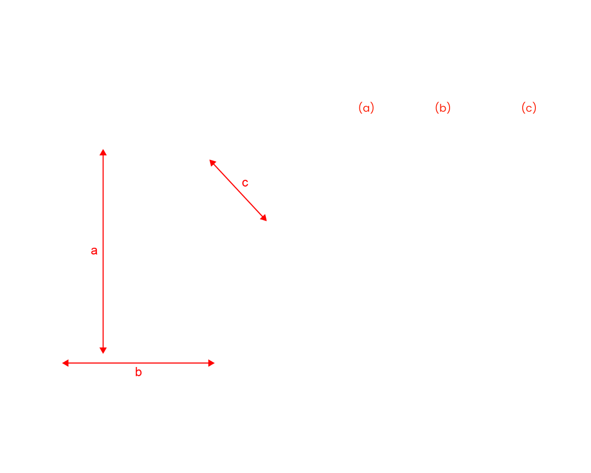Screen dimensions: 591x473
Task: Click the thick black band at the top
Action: (x=295, y=24)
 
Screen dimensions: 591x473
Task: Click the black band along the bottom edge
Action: (x=295, y=460)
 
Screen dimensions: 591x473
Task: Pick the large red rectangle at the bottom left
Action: (x=140, y=403)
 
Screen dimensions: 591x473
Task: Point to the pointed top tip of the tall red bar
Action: (x=103, y=150)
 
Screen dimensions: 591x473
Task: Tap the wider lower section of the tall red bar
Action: (x=99, y=298)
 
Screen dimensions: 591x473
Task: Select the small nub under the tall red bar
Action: (x=103, y=351)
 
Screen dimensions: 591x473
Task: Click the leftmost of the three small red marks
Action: (x=365, y=115)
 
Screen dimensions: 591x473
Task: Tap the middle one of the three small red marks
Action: (x=443, y=115)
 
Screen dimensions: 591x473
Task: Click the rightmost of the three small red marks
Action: (x=529, y=115)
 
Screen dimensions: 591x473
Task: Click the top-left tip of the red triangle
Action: (x=210, y=161)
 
